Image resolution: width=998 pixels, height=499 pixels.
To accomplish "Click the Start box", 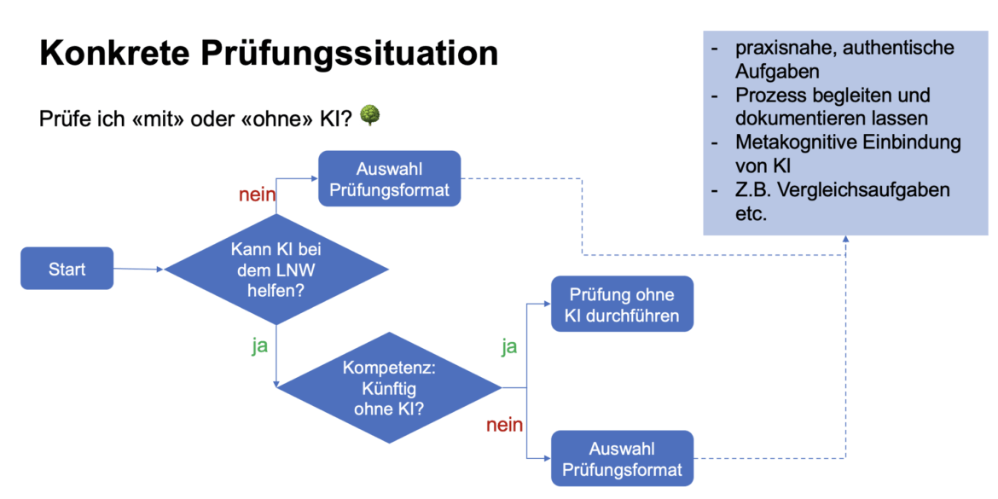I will coord(67,269).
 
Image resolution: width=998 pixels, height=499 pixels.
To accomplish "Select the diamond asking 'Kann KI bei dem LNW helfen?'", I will coord(276,270).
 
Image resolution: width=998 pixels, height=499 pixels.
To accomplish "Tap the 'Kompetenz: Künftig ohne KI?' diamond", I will coord(390,387).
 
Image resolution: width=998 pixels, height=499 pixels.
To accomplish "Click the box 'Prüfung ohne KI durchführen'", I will coord(622,305).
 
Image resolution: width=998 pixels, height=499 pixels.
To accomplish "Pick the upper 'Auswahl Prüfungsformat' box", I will coord(390,178).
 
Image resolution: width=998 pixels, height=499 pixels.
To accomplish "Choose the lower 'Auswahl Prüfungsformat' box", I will coord(622,459).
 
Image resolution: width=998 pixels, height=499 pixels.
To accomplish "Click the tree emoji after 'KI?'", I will coord(369,114).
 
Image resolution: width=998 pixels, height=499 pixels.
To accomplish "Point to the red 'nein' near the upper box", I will coord(257,195).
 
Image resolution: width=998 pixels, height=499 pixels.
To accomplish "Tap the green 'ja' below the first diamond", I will coord(259,346).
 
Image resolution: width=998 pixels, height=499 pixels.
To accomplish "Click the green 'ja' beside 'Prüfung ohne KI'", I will coord(508,346).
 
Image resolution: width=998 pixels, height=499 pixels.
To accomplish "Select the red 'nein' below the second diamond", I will coord(504,424).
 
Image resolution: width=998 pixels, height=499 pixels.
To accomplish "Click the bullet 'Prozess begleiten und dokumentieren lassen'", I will coord(832,107).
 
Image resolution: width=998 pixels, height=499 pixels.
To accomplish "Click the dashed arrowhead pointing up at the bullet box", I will coord(845,241).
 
